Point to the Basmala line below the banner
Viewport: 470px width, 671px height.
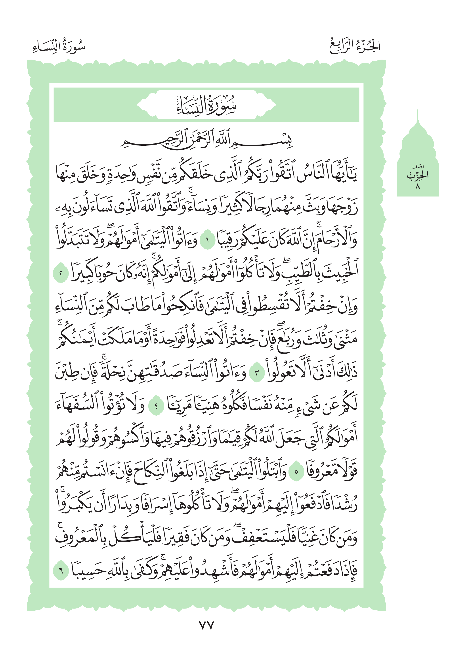pos(206,141)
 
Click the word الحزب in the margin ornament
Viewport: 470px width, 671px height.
pos(418,176)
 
